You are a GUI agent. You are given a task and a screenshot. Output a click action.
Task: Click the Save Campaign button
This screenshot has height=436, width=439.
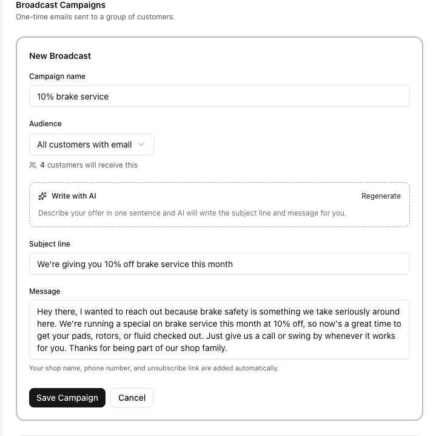coord(67,398)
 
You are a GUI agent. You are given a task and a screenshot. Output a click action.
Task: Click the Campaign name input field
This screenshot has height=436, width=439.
coord(219,96)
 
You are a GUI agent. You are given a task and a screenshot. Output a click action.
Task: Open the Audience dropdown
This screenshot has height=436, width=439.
coord(91,145)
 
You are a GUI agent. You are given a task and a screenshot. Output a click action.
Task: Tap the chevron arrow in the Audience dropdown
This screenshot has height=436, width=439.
coord(141,145)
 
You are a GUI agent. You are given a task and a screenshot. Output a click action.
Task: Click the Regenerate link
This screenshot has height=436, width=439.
coord(381,196)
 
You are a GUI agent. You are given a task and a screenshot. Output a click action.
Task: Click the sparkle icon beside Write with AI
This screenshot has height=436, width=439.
coord(42,196)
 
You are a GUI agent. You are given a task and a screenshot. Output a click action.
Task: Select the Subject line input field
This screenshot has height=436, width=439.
coord(219,264)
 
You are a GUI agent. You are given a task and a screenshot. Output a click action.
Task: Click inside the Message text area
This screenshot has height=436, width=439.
coord(219,330)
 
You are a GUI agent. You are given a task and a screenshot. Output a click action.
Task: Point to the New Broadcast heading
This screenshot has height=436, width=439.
coord(60,56)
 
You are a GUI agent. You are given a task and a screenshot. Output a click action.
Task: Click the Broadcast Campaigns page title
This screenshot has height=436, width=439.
coord(61,5)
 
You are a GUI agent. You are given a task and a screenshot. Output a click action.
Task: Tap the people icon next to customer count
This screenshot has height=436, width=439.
coord(33,165)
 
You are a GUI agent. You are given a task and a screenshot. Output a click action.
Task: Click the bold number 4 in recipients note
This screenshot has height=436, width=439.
coord(42,165)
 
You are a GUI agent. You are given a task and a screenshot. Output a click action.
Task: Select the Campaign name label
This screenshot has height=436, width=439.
coord(57,77)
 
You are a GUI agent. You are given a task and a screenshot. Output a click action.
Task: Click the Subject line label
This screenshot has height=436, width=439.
coord(50,244)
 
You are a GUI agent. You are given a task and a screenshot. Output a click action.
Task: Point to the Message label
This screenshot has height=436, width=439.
coord(45,291)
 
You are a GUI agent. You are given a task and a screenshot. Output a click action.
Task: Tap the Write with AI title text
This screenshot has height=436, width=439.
coord(73,196)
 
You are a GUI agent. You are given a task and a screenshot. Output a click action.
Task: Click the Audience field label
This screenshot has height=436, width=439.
coord(45,124)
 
